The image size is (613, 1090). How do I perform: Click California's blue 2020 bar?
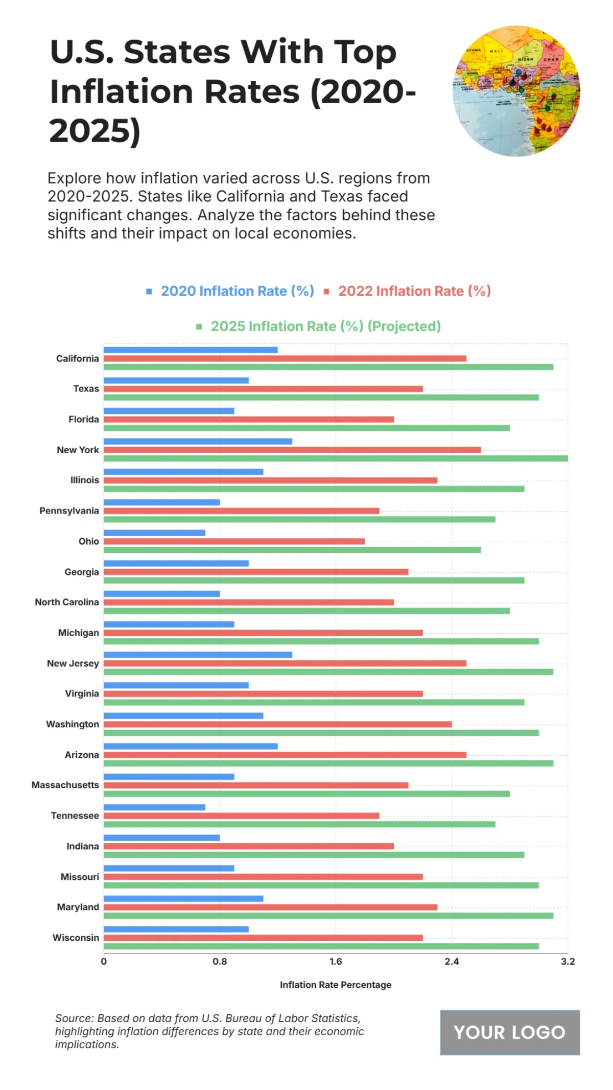pyautogui.click(x=191, y=350)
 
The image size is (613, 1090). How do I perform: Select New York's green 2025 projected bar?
pyautogui.click(x=336, y=458)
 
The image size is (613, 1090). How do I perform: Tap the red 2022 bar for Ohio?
pyautogui.click(x=234, y=541)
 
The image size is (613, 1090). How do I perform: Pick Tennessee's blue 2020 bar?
pyautogui.click(x=154, y=807)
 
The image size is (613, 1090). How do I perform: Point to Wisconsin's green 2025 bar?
pyautogui.click(x=321, y=946)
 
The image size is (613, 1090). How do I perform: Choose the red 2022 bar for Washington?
pyautogui.click(x=277, y=724)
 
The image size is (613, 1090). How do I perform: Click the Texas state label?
pyautogui.click(x=86, y=389)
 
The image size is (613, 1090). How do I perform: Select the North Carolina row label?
pyautogui.click(x=67, y=602)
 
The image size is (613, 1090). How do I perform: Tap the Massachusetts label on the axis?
pyautogui.click(x=65, y=785)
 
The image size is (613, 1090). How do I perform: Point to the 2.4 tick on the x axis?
pyautogui.click(x=452, y=962)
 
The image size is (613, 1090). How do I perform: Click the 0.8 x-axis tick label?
pyautogui.click(x=220, y=962)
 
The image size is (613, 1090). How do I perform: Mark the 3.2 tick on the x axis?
pyautogui.click(x=568, y=962)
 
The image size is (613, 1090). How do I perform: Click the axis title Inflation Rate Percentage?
pyautogui.click(x=336, y=985)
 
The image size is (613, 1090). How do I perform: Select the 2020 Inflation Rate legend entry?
pyautogui.click(x=237, y=291)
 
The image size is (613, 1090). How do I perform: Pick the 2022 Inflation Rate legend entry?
pyautogui.click(x=414, y=291)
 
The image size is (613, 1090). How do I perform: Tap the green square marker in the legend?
pyautogui.click(x=199, y=327)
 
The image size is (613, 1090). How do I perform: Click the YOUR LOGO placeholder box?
pyautogui.click(x=510, y=1032)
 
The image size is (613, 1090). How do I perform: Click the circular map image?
pyautogui.click(x=516, y=91)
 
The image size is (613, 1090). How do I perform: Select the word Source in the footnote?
pyautogui.click(x=74, y=1018)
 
